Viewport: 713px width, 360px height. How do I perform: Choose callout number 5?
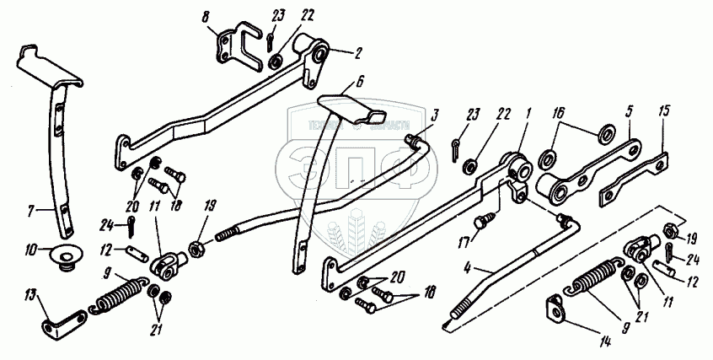[628, 112]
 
